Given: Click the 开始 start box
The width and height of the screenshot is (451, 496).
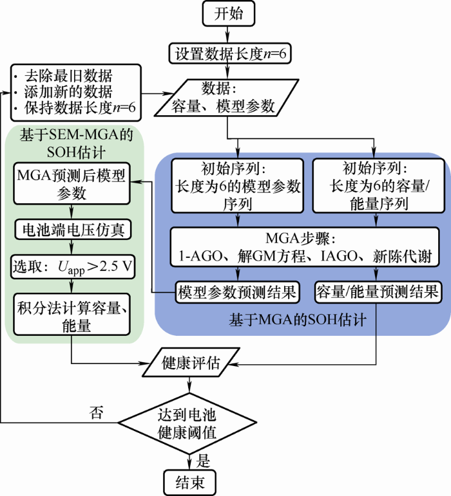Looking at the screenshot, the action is pyautogui.click(x=228, y=14).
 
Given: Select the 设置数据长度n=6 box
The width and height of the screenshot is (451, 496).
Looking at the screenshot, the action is pyautogui.click(x=229, y=53).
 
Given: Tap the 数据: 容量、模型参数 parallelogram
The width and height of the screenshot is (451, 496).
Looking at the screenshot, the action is pyautogui.click(x=227, y=98).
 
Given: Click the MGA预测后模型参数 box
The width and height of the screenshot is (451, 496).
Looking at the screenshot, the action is pyautogui.click(x=72, y=183).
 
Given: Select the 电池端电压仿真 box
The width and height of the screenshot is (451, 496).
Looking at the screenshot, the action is pyautogui.click(x=73, y=229).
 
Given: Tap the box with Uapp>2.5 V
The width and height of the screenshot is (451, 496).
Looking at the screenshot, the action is pyautogui.click(x=73, y=267).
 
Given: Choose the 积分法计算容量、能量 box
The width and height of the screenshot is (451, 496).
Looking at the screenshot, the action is pyautogui.click(x=72, y=315).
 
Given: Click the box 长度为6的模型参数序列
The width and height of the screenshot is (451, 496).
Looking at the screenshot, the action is pyautogui.click(x=238, y=186).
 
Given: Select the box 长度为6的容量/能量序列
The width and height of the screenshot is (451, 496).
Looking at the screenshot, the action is pyautogui.click(x=378, y=186).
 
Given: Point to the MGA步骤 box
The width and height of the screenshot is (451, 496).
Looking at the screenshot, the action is pyautogui.click(x=305, y=247).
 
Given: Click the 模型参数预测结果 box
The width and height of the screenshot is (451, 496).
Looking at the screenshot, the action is pyautogui.click(x=237, y=292).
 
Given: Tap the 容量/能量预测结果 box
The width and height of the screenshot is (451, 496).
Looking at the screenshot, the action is pyautogui.click(x=378, y=292).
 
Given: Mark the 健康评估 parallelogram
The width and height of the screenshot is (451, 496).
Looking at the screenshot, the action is pyautogui.click(x=191, y=362).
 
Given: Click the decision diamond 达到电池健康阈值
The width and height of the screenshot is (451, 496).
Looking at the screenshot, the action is pyautogui.click(x=187, y=423).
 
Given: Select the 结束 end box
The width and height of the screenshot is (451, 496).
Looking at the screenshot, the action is pyautogui.click(x=189, y=482).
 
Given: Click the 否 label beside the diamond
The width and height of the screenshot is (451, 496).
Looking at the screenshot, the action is pyautogui.click(x=96, y=412).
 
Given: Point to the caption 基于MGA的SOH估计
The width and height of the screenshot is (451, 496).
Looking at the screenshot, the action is pyautogui.click(x=298, y=320).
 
